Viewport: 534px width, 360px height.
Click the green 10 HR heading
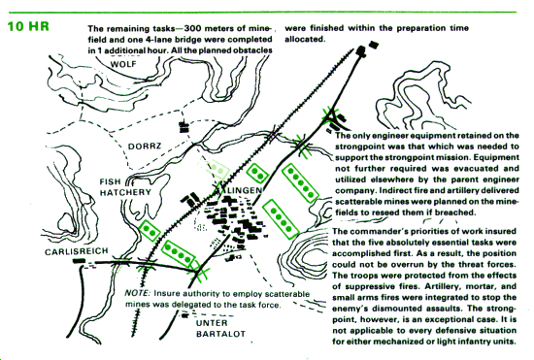tap(28, 26)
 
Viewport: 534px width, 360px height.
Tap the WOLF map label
tap(123, 64)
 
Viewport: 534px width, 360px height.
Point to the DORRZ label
tap(145, 147)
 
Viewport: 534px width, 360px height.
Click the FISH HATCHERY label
tap(125, 187)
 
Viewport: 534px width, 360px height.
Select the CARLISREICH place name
tap(77, 251)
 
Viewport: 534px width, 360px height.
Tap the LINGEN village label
tap(245, 190)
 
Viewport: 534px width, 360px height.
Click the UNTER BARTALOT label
tap(220, 328)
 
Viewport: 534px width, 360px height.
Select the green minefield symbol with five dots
tap(300, 183)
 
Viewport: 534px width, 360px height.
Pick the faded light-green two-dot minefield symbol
tap(215, 168)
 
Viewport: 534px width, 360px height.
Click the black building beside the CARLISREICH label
tap(79, 261)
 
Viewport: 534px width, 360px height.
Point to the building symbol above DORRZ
tap(184, 127)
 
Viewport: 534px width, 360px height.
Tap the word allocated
tap(304, 39)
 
